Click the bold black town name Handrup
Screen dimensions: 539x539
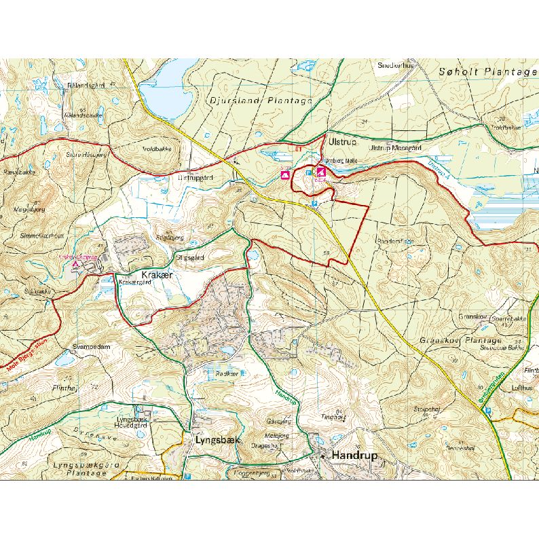pos(354,456)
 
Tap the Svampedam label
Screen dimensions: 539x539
pos(91,346)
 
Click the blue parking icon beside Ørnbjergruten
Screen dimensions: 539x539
pos(488,410)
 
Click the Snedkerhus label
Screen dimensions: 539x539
pos(395,66)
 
